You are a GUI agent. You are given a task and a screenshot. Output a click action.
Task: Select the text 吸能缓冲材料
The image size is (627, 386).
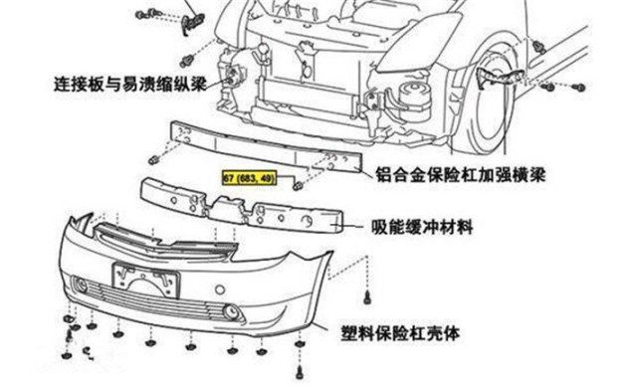[423, 228]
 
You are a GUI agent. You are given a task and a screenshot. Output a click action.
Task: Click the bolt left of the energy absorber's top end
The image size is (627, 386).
[154, 161]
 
